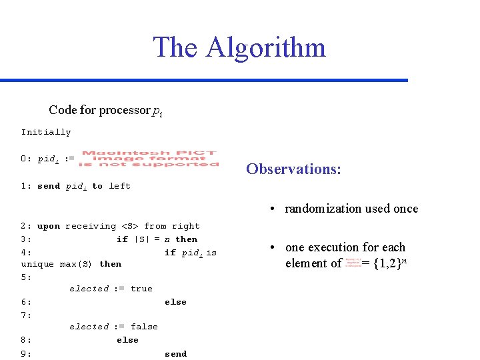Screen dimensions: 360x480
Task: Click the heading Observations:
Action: [293, 169]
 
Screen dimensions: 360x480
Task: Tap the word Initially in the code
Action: [46, 132]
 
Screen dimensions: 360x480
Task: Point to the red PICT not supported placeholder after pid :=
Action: [149, 159]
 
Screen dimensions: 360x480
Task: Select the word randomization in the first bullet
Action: [321, 209]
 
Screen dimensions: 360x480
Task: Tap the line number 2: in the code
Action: [27, 226]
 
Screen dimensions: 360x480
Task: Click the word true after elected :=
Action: [141, 289]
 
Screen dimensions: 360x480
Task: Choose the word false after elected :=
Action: [144, 327]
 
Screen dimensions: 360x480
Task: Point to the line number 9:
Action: [27, 354]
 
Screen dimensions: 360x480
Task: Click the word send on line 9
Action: [175, 354]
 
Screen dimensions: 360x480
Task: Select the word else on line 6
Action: [175, 302]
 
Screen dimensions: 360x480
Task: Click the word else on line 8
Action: [127, 340]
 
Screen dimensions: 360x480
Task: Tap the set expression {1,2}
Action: [386, 263]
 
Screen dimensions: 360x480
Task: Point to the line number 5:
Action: [27, 276]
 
